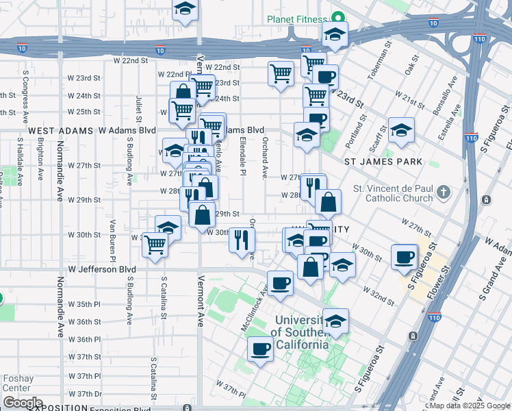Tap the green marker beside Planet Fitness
point(337,18)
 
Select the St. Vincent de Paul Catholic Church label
point(394,194)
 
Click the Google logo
point(22,403)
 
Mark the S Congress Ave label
point(25,89)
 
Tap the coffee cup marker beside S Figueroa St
point(405,257)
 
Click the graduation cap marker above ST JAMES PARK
point(401,129)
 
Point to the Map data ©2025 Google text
point(470,406)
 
